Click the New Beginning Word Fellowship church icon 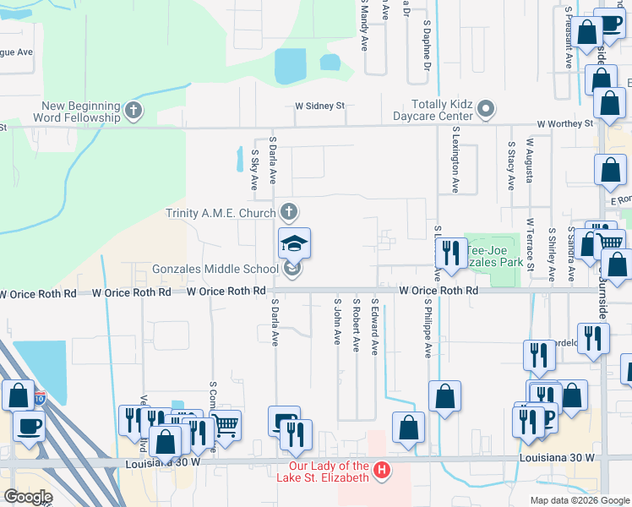click(133, 110)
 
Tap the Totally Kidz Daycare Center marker click(486, 109)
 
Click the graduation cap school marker click(294, 243)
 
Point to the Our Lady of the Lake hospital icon click(382, 469)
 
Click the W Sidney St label click(320, 106)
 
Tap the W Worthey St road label click(560, 123)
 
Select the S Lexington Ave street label click(455, 161)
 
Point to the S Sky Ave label click(254, 169)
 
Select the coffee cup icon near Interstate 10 click(29, 426)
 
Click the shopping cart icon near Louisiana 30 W click(226, 425)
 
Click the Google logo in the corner click(28, 497)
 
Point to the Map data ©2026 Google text click(579, 500)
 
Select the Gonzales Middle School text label click(215, 270)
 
